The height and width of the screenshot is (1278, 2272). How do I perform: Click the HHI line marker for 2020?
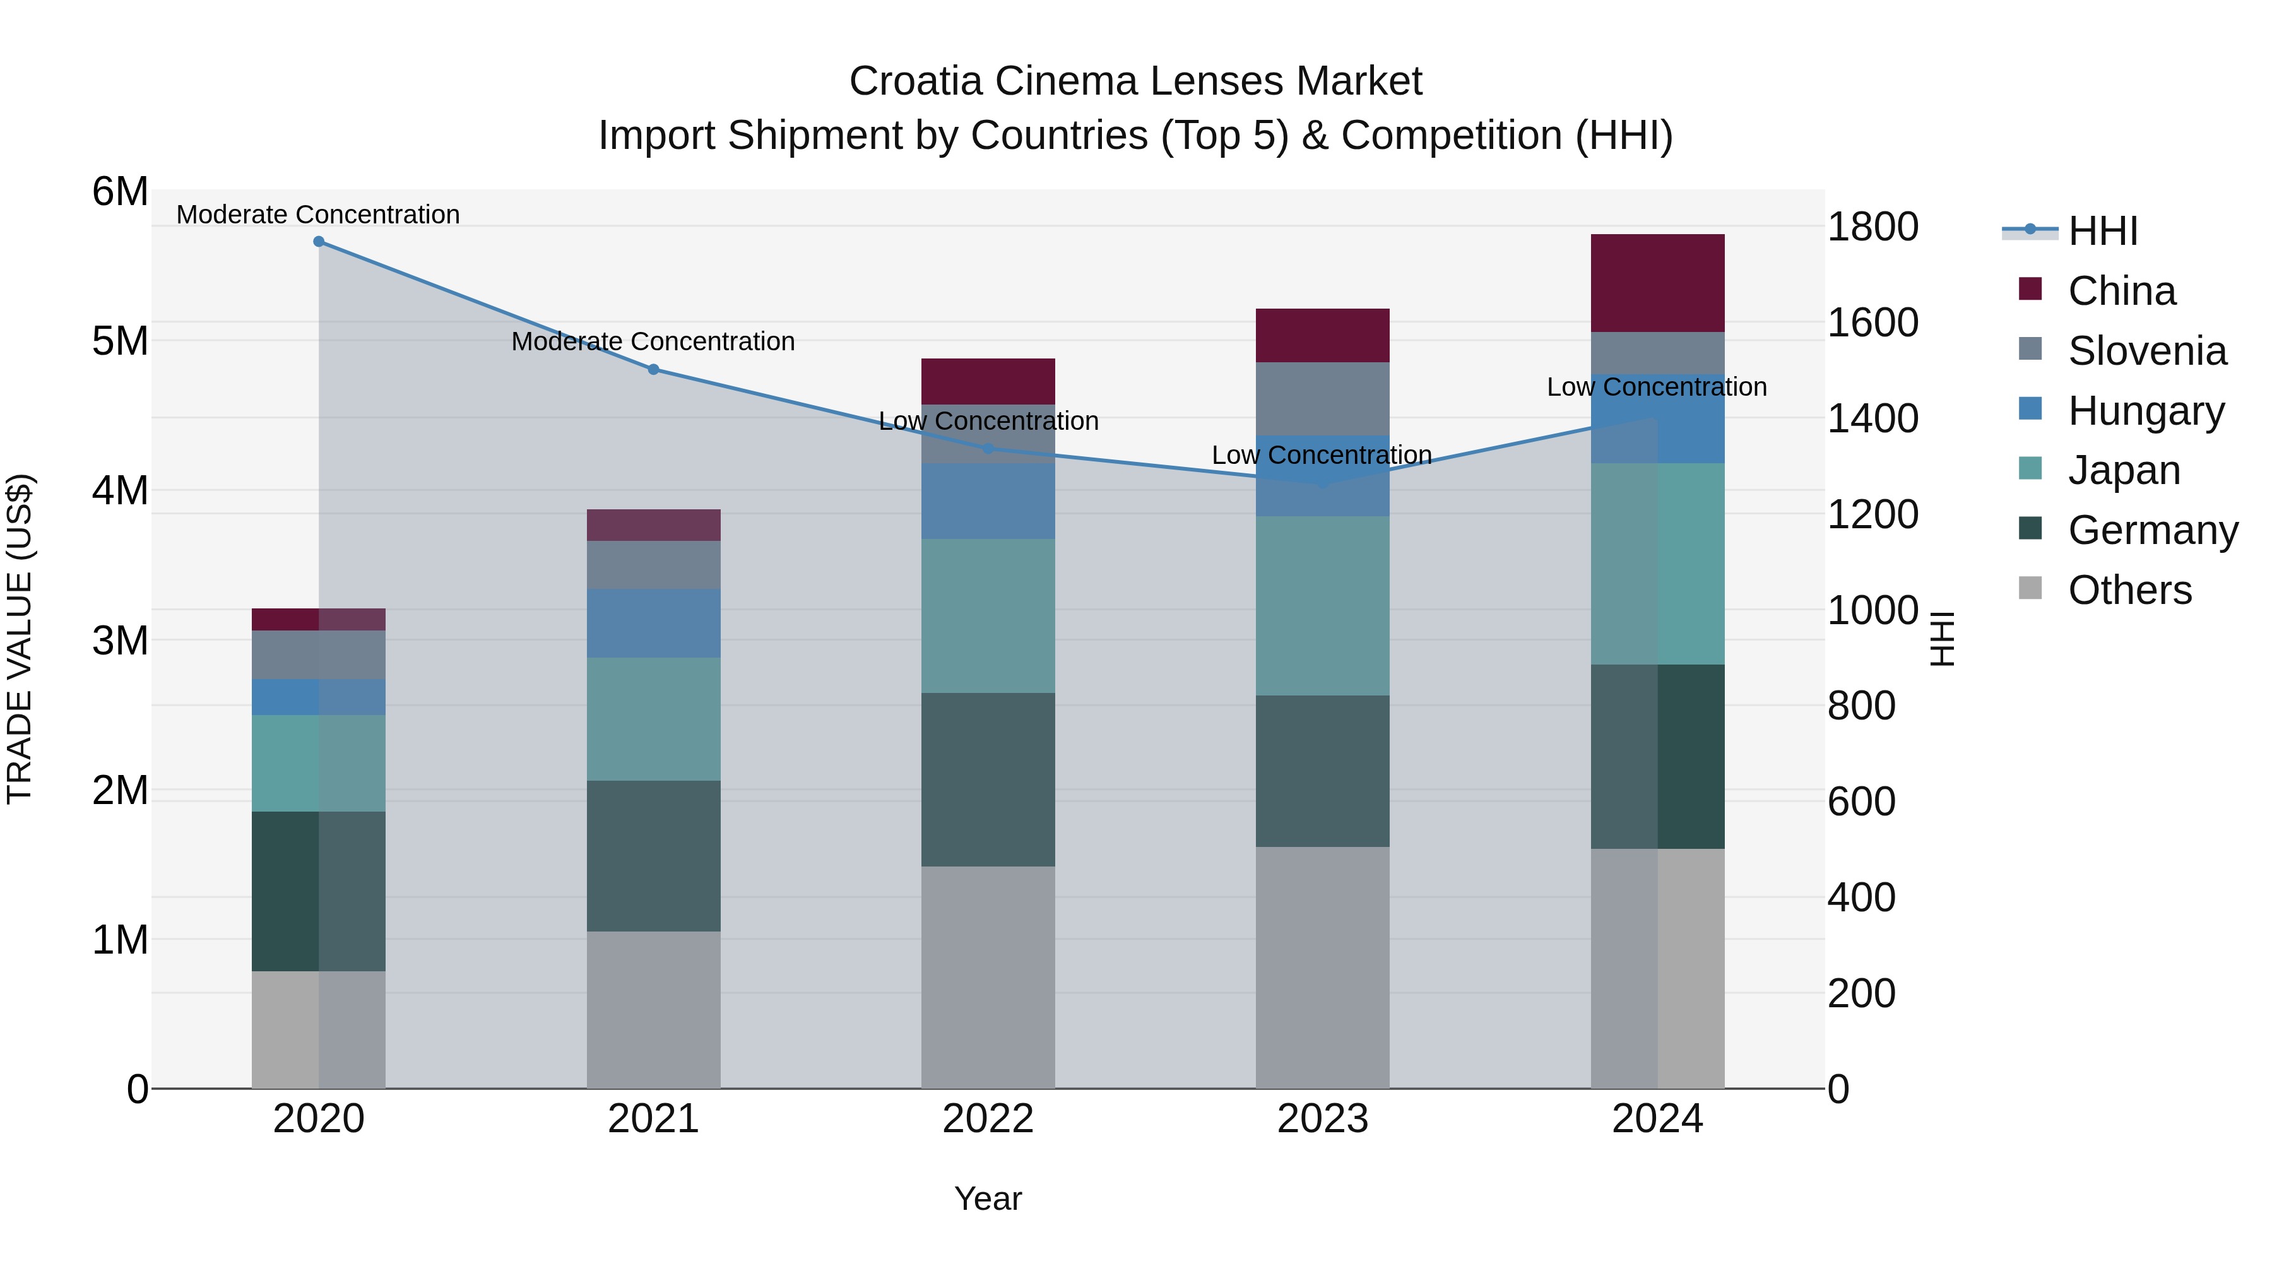(319, 242)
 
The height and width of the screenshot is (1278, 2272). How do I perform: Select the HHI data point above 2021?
(654, 370)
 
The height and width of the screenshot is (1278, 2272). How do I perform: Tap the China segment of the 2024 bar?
(1657, 283)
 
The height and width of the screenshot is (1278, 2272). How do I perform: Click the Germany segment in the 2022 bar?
(988, 779)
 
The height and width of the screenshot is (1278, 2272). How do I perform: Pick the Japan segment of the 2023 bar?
(1322, 606)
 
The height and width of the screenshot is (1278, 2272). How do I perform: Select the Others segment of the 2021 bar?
(654, 1010)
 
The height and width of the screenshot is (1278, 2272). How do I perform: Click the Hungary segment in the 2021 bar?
(654, 624)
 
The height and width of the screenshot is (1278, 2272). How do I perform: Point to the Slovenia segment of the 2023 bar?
(1322, 399)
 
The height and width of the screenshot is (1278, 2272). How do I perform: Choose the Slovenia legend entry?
(2147, 351)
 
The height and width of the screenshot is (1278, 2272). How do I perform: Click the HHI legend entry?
(2103, 231)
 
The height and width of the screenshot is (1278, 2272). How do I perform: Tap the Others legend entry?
(2129, 590)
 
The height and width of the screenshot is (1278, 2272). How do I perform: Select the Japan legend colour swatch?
(2030, 468)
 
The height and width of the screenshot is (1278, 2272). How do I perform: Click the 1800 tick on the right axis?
(1872, 227)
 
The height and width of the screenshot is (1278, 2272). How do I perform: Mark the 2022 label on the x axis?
(988, 1119)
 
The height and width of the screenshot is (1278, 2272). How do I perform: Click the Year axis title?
(988, 1198)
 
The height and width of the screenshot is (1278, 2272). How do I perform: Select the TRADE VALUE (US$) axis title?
(20, 639)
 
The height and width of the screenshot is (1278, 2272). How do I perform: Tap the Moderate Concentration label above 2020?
(319, 215)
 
